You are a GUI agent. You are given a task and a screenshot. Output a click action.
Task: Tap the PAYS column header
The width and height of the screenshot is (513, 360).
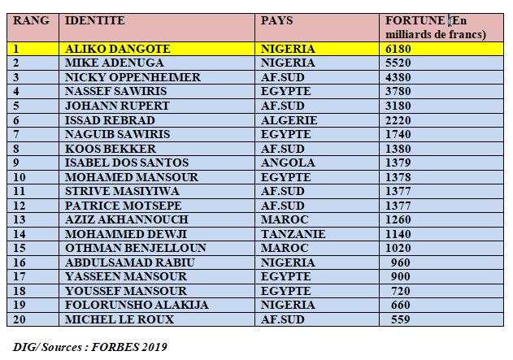pyautogui.click(x=276, y=20)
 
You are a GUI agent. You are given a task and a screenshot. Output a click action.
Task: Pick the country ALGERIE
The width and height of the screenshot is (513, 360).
pyautogui.click(x=289, y=120)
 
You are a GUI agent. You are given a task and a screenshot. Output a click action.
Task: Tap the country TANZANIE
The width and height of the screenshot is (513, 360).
pyautogui.click(x=293, y=233)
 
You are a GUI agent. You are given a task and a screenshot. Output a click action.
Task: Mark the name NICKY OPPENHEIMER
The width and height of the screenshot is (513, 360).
pyautogui.click(x=132, y=77)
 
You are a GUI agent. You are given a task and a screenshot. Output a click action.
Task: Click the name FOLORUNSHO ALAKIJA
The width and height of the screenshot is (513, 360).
pyautogui.click(x=136, y=305)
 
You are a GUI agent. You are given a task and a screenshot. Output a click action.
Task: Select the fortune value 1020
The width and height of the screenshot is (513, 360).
pyautogui.click(x=398, y=248)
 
